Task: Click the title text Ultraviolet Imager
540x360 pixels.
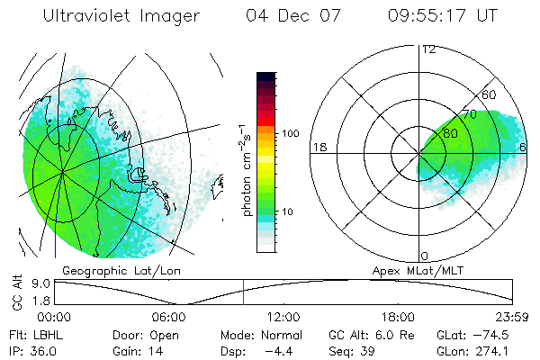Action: (121, 15)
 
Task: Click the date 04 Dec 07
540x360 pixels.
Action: (284, 15)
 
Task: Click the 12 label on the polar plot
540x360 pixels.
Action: (428, 49)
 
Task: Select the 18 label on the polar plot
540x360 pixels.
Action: (318, 147)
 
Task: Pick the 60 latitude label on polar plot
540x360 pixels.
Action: (490, 94)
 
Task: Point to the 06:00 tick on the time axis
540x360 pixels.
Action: (168, 317)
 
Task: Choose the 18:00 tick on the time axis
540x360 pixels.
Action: (398, 317)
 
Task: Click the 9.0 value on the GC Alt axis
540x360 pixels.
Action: (29, 283)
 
